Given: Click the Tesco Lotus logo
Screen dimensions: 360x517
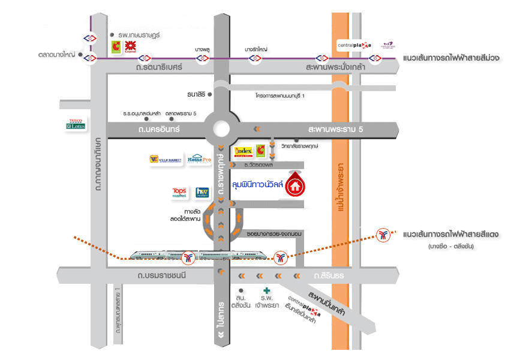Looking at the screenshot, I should (76, 122).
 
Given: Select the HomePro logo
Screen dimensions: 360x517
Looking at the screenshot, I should (200, 161).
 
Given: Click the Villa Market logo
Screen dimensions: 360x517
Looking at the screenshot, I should (164, 160).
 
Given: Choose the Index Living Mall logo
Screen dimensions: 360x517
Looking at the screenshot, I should (244, 152).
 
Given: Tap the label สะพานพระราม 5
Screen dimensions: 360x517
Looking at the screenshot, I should (333, 129).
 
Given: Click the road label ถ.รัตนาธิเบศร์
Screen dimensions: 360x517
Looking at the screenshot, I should (159, 68).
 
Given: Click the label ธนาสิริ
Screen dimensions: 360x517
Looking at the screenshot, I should (197, 94).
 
